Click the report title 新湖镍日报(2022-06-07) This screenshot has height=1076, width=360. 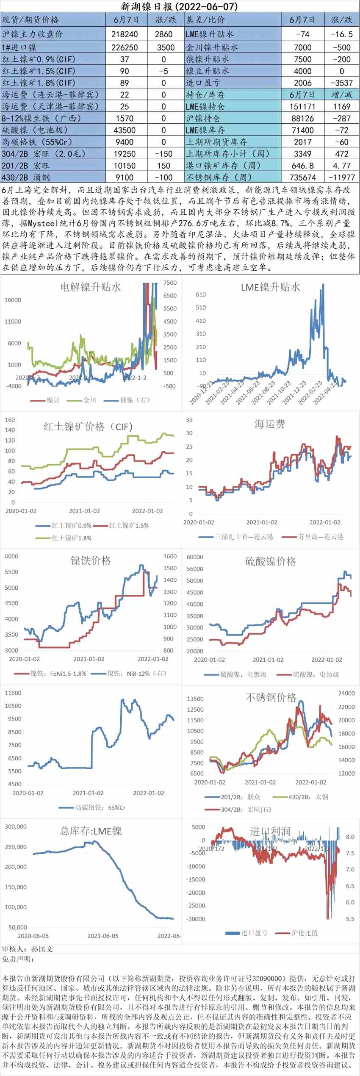180,6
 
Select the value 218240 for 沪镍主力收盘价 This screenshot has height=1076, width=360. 125,34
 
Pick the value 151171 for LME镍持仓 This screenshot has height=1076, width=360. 302,106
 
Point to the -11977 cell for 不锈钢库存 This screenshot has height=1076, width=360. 341,177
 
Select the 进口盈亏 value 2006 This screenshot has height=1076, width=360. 302,83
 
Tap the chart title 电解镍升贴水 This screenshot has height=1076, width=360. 90,287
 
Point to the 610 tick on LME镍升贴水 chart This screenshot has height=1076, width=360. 201,294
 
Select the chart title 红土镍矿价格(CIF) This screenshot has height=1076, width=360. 88,427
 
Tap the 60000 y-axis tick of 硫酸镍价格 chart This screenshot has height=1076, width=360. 195,557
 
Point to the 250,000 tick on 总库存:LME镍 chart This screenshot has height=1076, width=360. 16,847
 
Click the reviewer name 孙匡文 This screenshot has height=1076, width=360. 42,949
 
